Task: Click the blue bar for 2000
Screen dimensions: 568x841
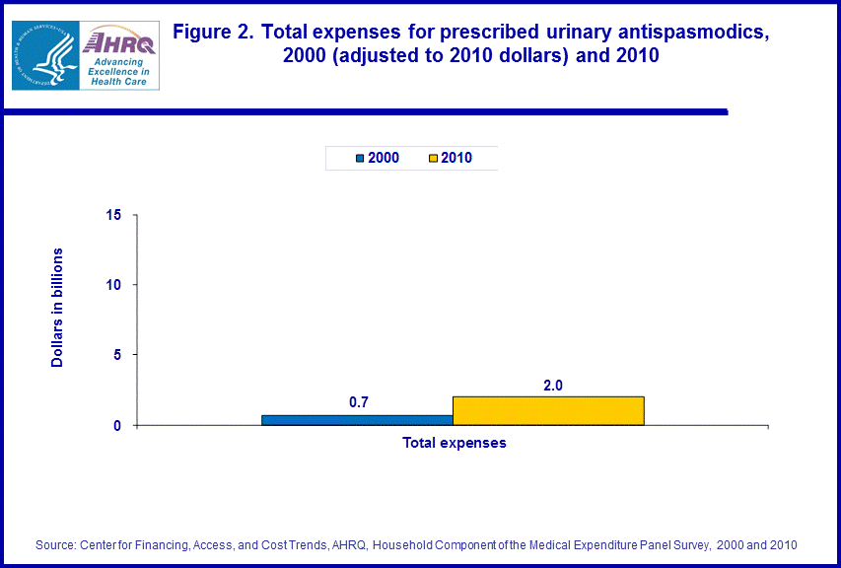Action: coord(357,419)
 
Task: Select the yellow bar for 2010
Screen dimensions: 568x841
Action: coord(548,410)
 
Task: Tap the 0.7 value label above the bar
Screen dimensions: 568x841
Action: coord(359,402)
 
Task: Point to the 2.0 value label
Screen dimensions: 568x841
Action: coord(552,386)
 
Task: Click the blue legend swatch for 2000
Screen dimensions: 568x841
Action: coord(361,158)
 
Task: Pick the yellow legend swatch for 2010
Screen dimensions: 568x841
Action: coord(434,158)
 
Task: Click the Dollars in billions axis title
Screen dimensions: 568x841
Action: coord(57,309)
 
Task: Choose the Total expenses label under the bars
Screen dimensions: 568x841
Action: coord(455,443)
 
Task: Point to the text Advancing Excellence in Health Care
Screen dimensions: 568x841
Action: coord(118,71)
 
